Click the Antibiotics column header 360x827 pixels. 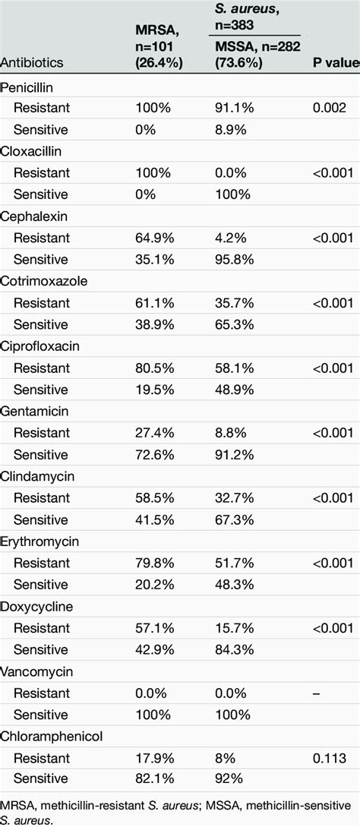[x=32, y=62]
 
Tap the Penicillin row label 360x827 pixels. [x=27, y=87]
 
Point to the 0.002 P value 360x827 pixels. [x=330, y=108]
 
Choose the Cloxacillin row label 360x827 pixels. [x=30, y=151]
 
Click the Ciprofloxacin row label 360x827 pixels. [x=36, y=346]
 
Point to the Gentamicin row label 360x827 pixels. [x=31, y=411]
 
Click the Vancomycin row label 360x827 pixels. [x=33, y=671]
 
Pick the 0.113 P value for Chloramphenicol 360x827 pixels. [x=330, y=758]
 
